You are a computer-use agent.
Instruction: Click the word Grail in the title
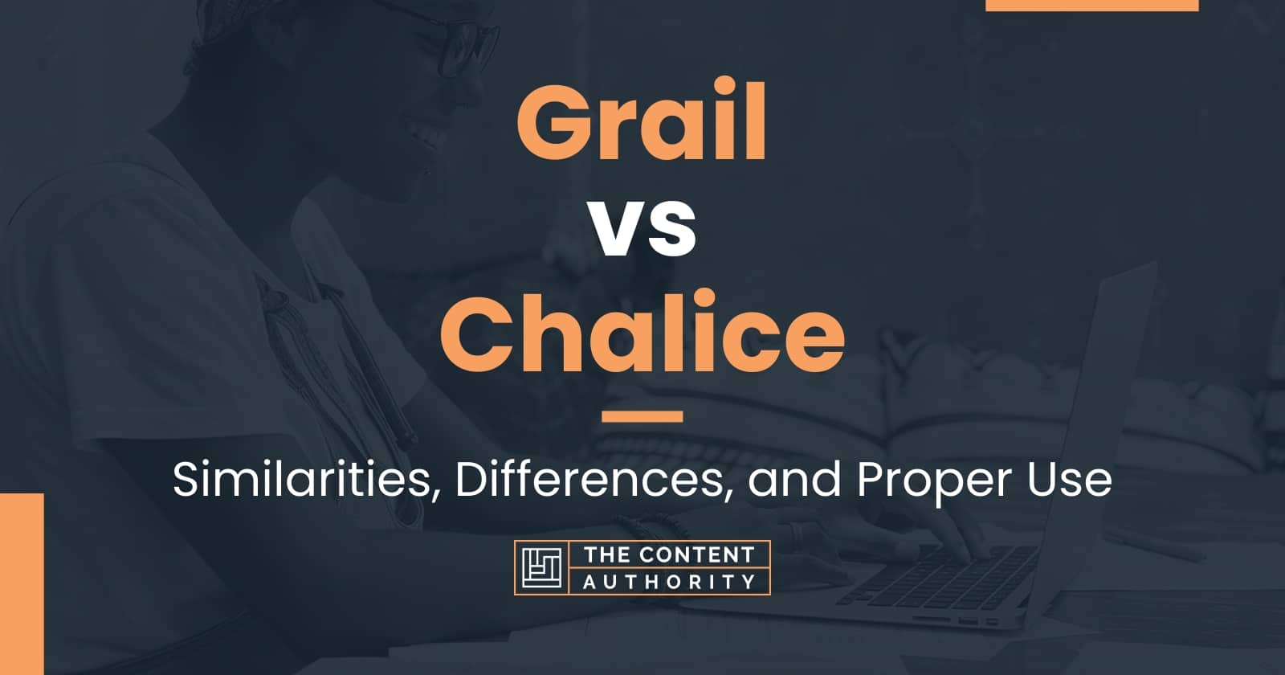pos(641,128)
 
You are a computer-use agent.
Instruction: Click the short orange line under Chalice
pos(642,416)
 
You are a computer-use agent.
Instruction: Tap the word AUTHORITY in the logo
pos(668,582)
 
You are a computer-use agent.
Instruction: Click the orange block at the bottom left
pos(21,584)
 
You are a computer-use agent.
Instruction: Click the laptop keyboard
pos(948,575)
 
